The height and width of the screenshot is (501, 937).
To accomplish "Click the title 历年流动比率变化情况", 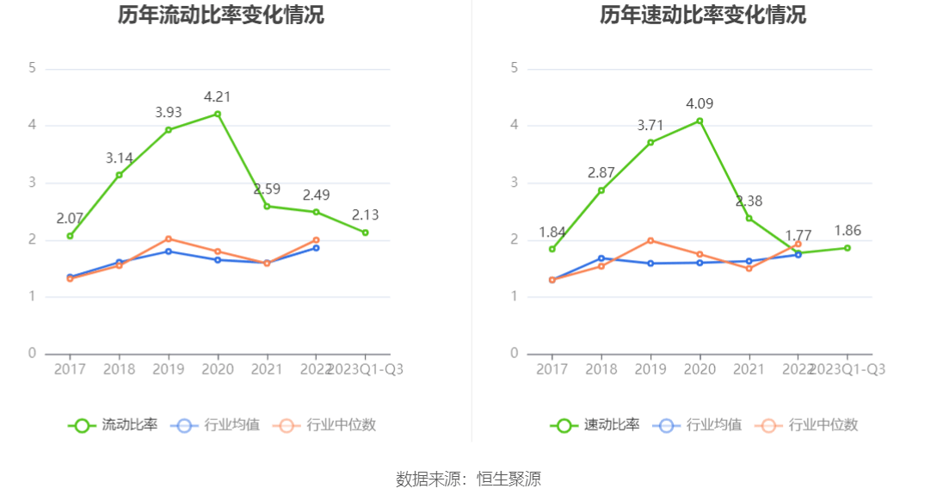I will pyautogui.click(x=222, y=15).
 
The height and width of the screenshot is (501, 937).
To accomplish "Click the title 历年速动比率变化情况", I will pyautogui.click(x=703, y=15).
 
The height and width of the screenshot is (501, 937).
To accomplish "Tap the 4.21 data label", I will pyautogui.click(x=217, y=96).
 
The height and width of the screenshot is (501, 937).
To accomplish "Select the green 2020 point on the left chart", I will pyautogui.click(x=218, y=114).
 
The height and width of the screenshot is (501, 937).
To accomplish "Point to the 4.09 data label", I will pyautogui.click(x=700, y=104).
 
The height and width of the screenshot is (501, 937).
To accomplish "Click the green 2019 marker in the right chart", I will pyautogui.click(x=650, y=142).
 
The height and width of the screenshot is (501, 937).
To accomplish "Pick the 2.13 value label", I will pyautogui.click(x=365, y=214).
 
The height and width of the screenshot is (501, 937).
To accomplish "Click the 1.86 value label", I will pyautogui.click(x=847, y=231).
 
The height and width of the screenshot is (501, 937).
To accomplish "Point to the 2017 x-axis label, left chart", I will pyautogui.click(x=70, y=369).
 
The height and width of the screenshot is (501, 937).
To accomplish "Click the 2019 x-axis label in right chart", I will pyautogui.click(x=650, y=369).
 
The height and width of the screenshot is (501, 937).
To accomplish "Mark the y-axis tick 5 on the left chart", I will pyautogui.click(x=32, y=68).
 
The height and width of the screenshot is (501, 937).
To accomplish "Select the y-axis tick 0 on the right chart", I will pyautogui.click(x=514, y=354).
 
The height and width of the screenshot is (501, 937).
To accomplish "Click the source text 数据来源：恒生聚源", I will pyautogui.click(x=468, y=479).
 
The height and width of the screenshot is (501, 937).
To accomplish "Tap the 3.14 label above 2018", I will pyautogui.click(x=120, y=158).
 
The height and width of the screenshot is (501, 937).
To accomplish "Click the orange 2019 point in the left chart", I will pyautogui.click(x=169, y=238).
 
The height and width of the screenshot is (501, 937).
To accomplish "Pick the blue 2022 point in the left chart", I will pyautogui.click(x=316, y=248).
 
